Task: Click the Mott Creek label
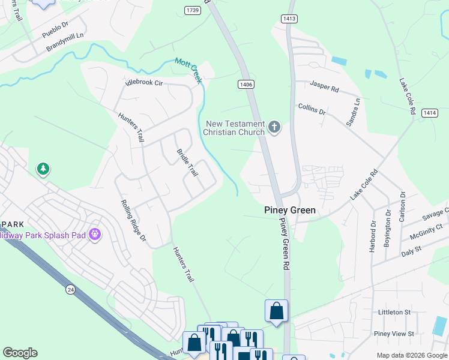coord(188,70)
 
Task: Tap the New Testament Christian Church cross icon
coord(274,127)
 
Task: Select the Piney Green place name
coord(290,211)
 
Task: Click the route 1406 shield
coord(245,85)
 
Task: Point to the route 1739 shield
coord(193,10)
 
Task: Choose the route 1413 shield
coord(289,19)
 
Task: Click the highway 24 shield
coord(71,290)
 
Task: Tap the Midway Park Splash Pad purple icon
coord(94,233)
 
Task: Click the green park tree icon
coord(43,169)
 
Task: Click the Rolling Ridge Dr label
coord(134,221)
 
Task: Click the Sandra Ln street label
coord(353,112)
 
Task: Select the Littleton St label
coord(394,313)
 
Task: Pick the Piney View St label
coord(394,334)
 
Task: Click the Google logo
coord(20,353)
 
